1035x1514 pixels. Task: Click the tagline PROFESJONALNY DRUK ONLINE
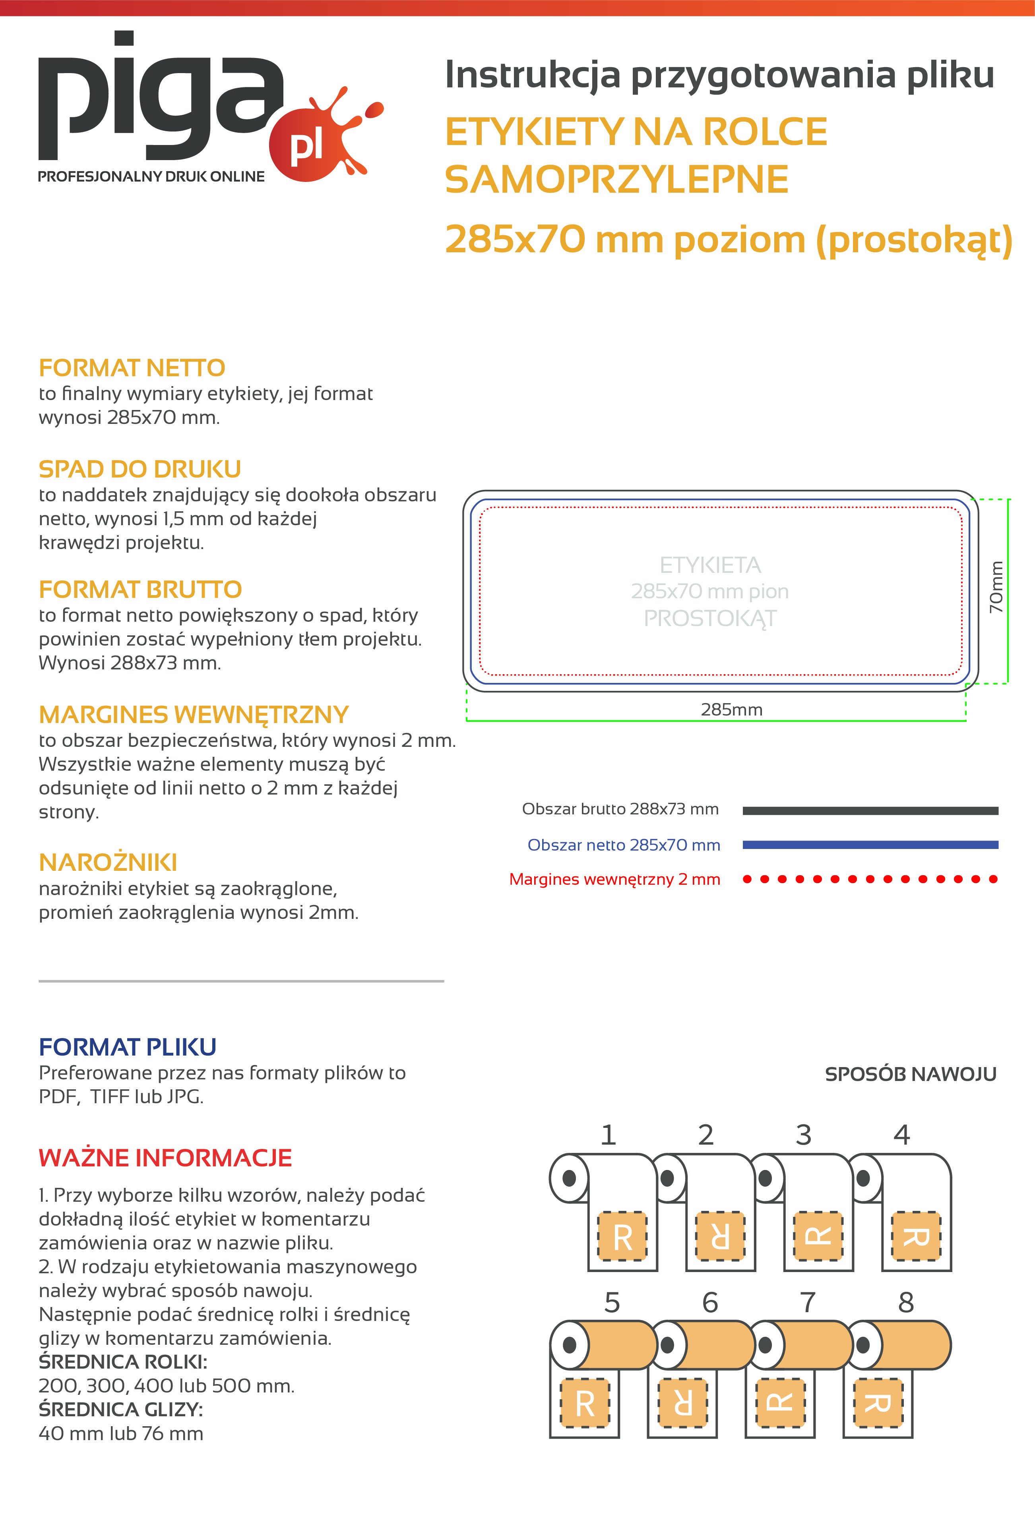pos(151,176)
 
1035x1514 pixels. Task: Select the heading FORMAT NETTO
pos(132,368)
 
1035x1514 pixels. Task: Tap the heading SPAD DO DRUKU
pos(140,469)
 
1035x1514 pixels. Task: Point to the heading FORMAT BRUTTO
pos(140,590)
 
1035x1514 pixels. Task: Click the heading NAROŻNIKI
pos(108,862)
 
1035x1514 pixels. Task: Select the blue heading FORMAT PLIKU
pos(128,1047)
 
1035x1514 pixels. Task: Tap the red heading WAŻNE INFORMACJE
pos(166,1158)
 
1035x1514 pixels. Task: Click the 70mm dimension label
pos(996,586)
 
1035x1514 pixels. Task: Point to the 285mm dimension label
pos(731,710)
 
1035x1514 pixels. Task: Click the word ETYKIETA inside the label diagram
pos(710,565)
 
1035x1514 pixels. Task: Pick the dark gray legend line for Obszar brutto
pos(870,810)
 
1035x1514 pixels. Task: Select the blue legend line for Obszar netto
pos(870,845)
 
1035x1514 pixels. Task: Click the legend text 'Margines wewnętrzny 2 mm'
pos(614,880)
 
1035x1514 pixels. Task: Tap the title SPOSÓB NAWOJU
pos(911,1074)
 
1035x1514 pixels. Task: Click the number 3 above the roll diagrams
pos(804,1135)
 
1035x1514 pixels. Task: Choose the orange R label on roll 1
pos(622,1236)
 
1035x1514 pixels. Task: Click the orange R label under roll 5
pos(585,1403)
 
